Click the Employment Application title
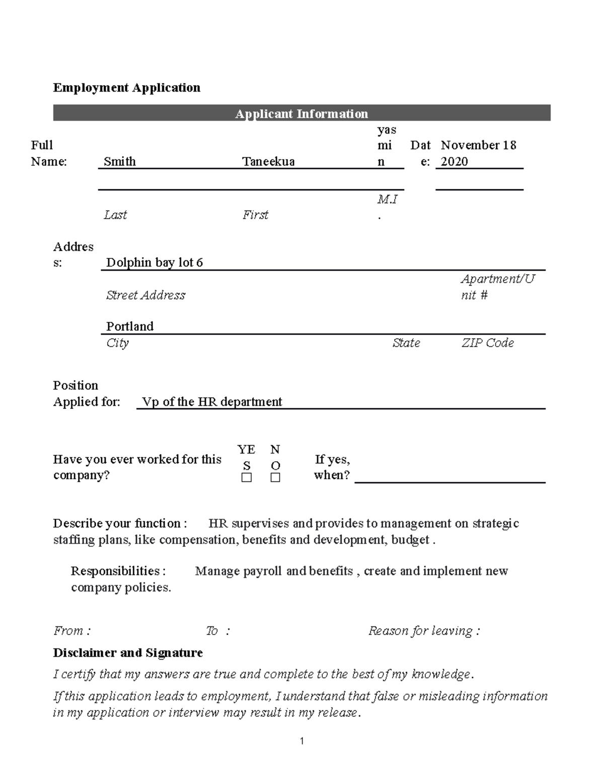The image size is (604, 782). coord(126,88)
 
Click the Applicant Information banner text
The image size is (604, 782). coord(301,113)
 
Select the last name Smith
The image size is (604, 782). coord(120,161)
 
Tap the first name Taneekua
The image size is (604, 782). coord(268,161)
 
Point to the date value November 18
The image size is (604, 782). coord(478,145)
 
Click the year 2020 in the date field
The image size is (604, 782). coord(454,161)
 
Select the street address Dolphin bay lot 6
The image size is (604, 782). coord(155,262)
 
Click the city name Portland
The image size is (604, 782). coord(130,326)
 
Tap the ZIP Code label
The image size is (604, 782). coord(487,343)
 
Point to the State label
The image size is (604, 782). coord(406,343)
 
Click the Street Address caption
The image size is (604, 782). coord(145,295)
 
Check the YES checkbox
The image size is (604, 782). coord(247,477)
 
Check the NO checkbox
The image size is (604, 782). coord(275,477)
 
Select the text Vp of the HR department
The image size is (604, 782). coord(212,402)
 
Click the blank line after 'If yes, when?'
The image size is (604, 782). coord(449,476)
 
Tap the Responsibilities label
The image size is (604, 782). coord(118,571)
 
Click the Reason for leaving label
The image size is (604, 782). coord(424,631)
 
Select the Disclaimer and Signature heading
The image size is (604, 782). coord(128,653)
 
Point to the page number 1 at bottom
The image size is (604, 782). coord(301,741)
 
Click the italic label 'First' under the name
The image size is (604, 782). coord(255,215)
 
